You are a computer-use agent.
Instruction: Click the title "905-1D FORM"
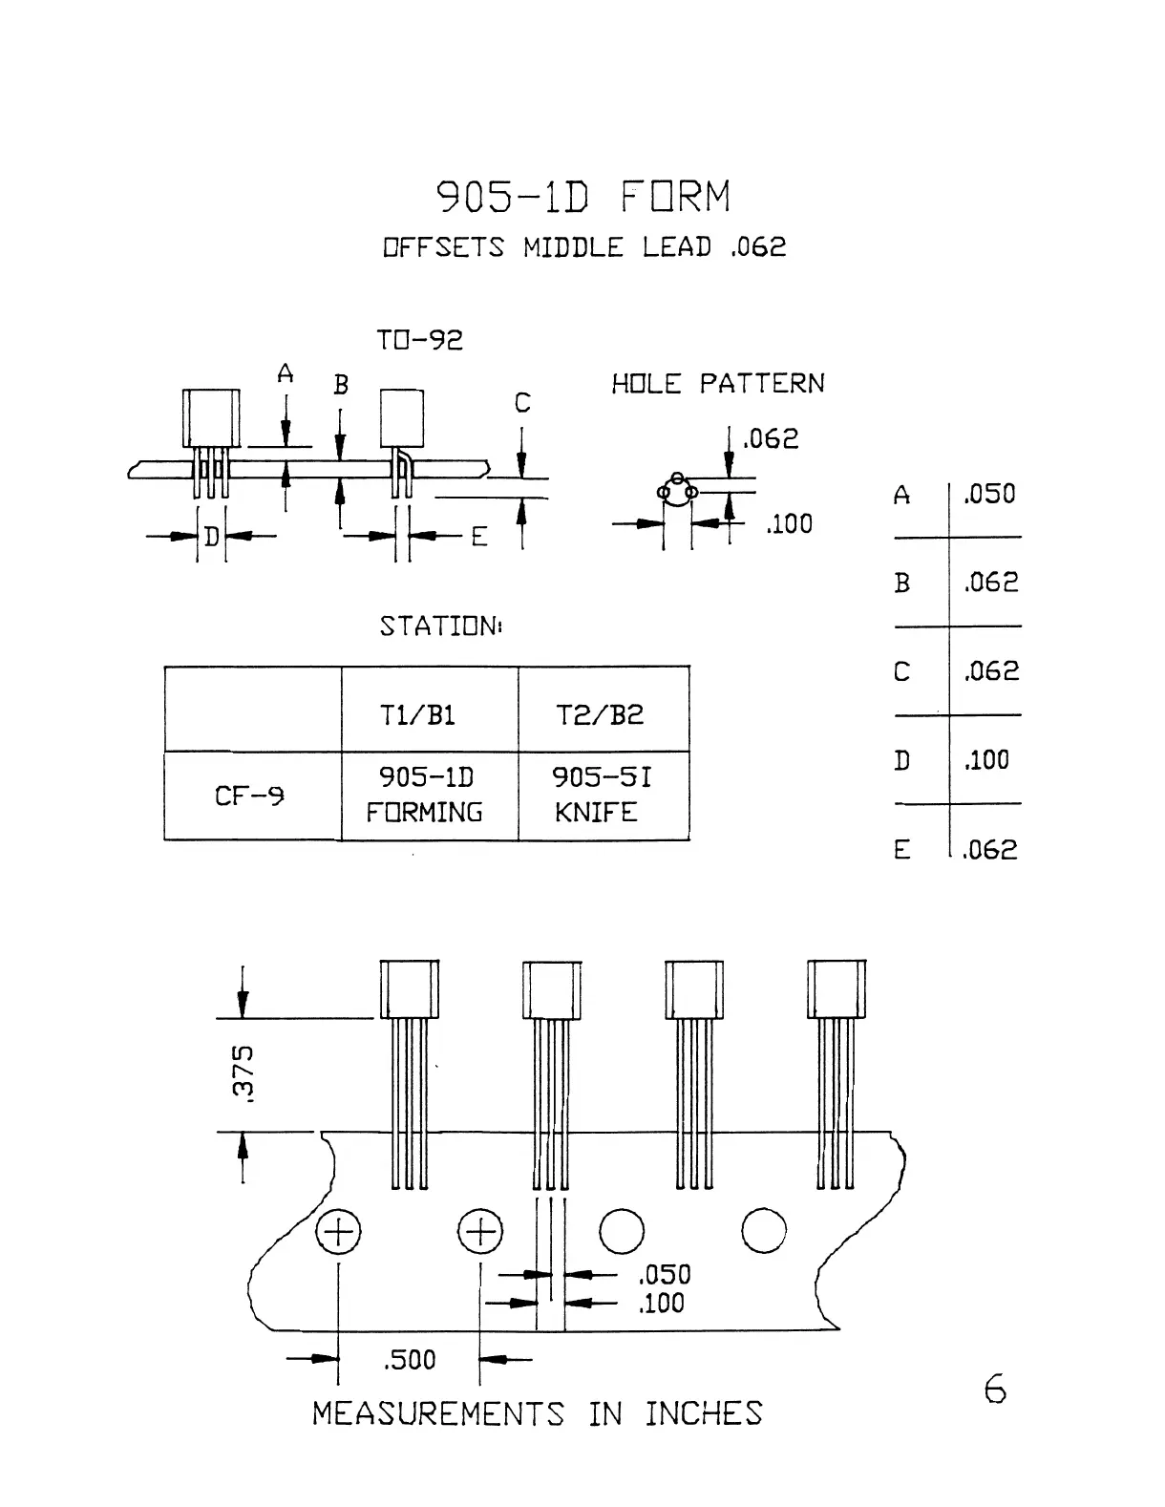[x=583, y=197]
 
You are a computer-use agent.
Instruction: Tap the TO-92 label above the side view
[x=419, y=340]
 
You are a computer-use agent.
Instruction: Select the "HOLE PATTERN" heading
[x=717, y=384]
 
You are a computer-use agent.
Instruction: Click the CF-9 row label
[x=251, y=795]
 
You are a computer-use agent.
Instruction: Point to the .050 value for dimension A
[x=989, y=494]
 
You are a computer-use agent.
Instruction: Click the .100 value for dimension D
[x=986, y=760]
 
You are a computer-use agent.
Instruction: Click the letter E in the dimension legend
[x=901, y=850]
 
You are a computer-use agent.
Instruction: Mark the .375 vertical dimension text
[x=244, y=1073]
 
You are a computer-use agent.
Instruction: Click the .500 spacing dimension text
[x=409, y=1359]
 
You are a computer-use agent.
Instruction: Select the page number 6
[x=995, y=1389]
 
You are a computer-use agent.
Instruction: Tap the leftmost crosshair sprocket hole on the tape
[x=338, y=1232]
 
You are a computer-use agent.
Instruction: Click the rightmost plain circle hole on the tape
[x=764, y=1231]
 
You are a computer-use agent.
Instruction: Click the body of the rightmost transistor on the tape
[x=837, y=989]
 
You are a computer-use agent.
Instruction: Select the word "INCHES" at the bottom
[x=704, y=1413]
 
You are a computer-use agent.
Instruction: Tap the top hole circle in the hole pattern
[x=677, y=478]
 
